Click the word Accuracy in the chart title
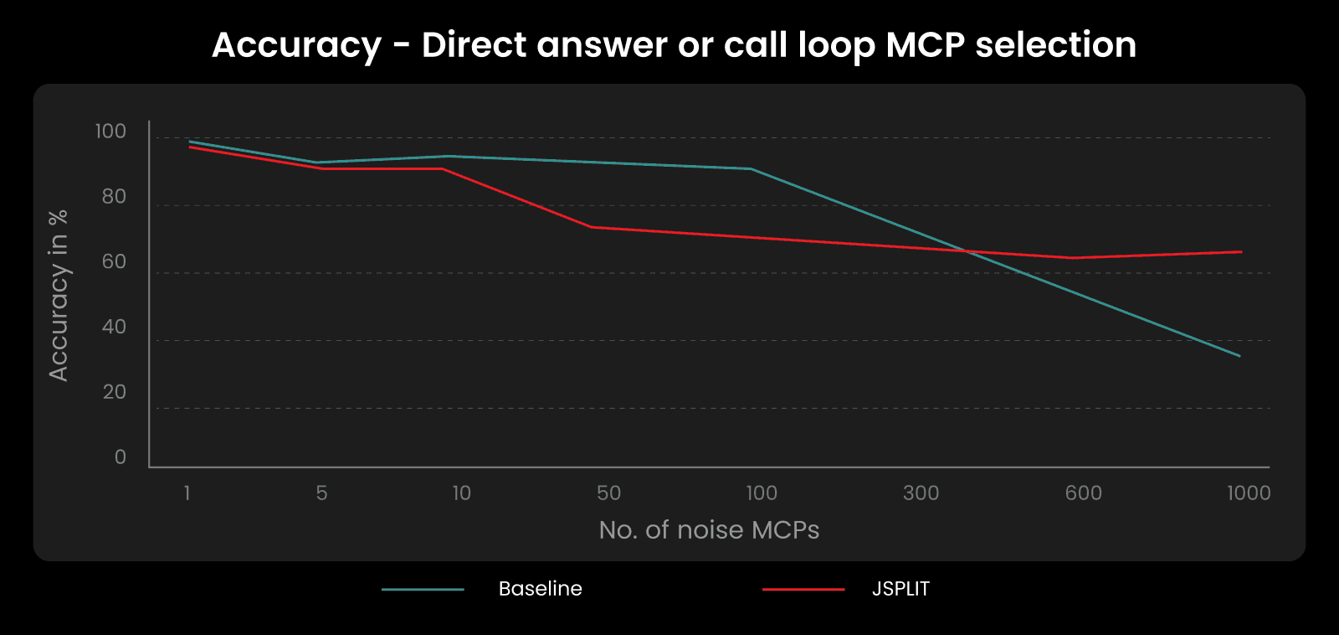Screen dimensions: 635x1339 pos(296,45)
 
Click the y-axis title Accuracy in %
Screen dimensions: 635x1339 pos(59,296)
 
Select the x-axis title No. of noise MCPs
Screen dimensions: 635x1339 pos(709,530)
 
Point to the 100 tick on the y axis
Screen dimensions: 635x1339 pos(110,132)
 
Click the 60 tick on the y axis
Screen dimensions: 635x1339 pos(114,262)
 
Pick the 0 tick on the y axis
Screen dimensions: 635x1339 pos(121,457)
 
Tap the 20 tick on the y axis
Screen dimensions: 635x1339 pos(114,392)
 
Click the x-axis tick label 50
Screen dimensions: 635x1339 pos(608,493)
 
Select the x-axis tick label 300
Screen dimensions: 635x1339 pos(921,493)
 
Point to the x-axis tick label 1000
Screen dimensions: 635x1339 pos(1249,493)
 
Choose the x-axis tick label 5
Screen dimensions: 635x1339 pos(321,493)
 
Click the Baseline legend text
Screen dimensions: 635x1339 pos(540,589)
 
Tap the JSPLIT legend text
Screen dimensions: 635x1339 pos(900,589)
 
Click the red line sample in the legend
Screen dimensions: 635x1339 pos(803,590)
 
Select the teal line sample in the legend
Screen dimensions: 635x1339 pos(423,590)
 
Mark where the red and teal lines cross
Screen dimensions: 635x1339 pos(967,250)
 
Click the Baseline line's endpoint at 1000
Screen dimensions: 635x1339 pos(1240,356)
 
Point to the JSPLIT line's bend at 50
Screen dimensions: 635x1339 pos(592,227)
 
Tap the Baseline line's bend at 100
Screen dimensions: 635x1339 pos(751,168)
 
